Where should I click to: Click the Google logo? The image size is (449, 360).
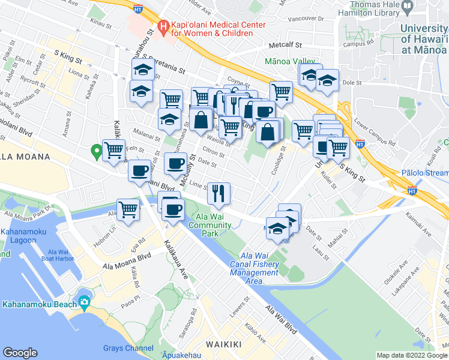click(20, 352)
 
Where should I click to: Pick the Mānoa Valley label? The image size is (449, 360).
click(290, 61)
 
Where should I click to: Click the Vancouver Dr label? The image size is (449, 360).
click(305, 19)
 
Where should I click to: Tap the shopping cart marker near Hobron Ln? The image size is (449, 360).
click(128, 210)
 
